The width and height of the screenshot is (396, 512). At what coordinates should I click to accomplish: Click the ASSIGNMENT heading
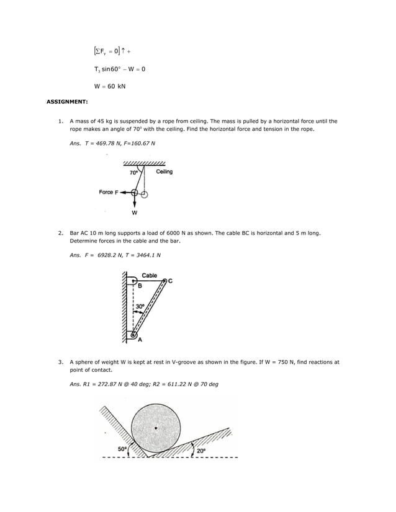pyautogui.click(x=68, y=100)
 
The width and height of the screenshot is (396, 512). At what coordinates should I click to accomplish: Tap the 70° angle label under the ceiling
pyautogui.click(x=133, y=173)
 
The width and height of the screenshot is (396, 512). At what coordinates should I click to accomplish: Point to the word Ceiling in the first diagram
pyautogui.click(x=164, y=172)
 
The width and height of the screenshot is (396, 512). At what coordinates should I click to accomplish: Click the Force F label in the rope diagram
pyautogui.click(x=109, y=192)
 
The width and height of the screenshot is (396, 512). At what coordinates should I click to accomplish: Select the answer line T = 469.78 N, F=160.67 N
pyautogui.click(x=112, y=143)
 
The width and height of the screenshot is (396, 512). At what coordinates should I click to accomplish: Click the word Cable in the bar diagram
pyautogui.click(x=150, y=275)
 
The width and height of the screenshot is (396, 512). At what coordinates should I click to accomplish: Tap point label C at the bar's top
pyautogui.click(x=170, y=281)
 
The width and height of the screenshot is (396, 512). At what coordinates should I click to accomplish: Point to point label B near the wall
pyautogui.click(x=140, y=286)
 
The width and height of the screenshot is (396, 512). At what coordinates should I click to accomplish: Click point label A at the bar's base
pyautogui.click(x=140, y=340)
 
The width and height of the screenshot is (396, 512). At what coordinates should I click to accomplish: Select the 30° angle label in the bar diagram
pyautogui.click(x=140, y=306)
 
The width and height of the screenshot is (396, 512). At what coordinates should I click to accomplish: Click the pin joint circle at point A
pyautogui.click(x=133, y=335)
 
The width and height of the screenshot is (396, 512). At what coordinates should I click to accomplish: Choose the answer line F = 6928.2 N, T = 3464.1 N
pyautogui.click(x=115, y=255)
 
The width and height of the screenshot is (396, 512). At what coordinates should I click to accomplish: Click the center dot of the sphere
pyautogui.click(x=156, y=428)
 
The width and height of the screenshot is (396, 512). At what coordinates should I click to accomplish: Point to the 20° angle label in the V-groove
pyautogui.click(x=202, y=451)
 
